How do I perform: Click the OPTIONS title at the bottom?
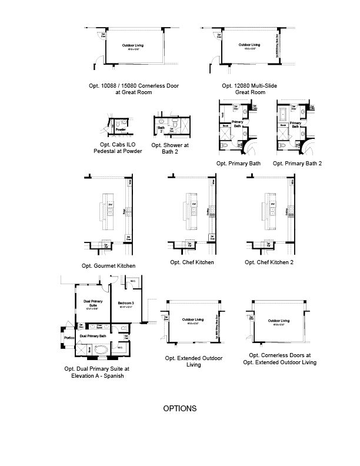180,408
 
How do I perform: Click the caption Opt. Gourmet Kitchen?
109,266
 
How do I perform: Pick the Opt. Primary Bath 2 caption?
297,163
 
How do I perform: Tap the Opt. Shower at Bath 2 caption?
170,148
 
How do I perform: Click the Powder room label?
120,129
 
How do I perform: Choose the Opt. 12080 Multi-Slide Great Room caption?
249,89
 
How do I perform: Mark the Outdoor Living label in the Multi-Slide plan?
249,45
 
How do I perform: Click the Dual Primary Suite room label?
89,304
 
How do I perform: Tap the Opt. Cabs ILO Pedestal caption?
118,148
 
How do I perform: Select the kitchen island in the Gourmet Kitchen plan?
109,212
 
